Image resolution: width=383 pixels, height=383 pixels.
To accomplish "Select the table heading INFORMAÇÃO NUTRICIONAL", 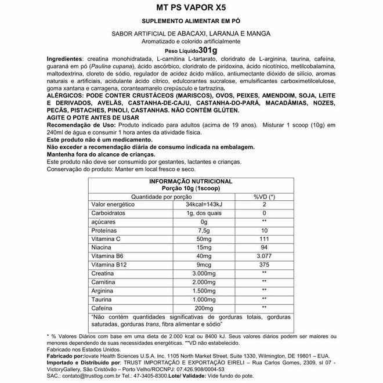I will pos(191,182).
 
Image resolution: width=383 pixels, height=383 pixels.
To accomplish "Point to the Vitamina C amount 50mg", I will pos(204,239).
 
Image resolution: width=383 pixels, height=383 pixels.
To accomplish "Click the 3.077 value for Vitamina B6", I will pos(264,256).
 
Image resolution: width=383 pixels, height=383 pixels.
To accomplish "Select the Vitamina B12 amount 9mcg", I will pos(204,265).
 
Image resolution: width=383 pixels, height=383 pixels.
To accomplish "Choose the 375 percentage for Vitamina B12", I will pos(264,265).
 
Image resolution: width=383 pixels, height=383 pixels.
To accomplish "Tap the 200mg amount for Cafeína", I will pos(204,308).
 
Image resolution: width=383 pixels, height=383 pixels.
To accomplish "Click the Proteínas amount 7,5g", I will pos(204,230).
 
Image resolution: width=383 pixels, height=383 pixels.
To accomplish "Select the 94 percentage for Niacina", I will pos(264,248).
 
